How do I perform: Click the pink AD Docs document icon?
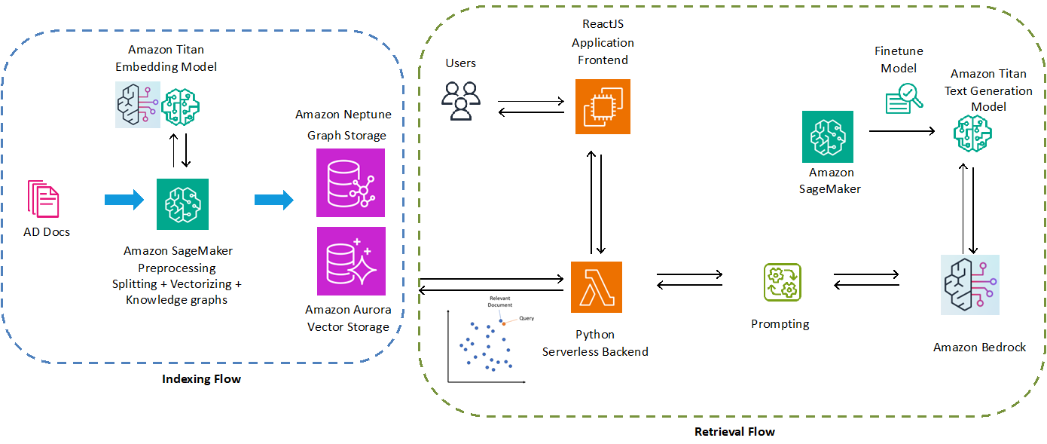click(43, 199)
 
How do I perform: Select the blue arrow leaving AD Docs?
click(124, 200)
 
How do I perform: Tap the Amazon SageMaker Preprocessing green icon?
click(182, 204)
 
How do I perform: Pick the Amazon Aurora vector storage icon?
click(351, 262)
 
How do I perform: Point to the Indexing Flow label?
click(201, 378)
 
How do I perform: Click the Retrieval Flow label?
click(734, 431)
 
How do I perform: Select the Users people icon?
click(460, 100)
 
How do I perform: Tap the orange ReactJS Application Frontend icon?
click(603, 107)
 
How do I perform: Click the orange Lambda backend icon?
click(597, 287)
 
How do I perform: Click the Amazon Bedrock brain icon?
click(970, 285)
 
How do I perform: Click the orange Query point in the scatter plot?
click(503, 323)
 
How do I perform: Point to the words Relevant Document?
click(499, 302)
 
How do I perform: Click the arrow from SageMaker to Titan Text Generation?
click(901, 131)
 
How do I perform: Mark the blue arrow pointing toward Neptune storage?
click(274, 200)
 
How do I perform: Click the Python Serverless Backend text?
click(595, 343)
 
